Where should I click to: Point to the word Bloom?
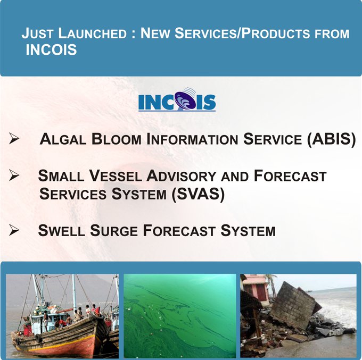116,141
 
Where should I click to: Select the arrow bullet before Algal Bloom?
14,140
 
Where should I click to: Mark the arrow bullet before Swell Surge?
14,230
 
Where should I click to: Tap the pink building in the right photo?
257,289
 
